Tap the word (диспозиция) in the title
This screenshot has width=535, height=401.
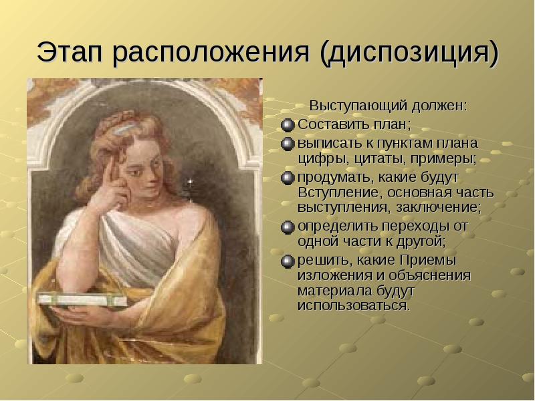coord(410,53)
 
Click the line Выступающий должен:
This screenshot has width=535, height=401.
coord(387,106)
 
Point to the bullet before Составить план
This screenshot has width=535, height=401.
coord(288,124)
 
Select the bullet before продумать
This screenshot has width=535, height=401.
coord(288,178)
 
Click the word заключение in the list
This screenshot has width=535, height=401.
coord(446,208)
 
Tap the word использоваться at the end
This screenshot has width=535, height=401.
coord(352,306)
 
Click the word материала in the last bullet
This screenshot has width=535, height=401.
coord(331,291)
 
